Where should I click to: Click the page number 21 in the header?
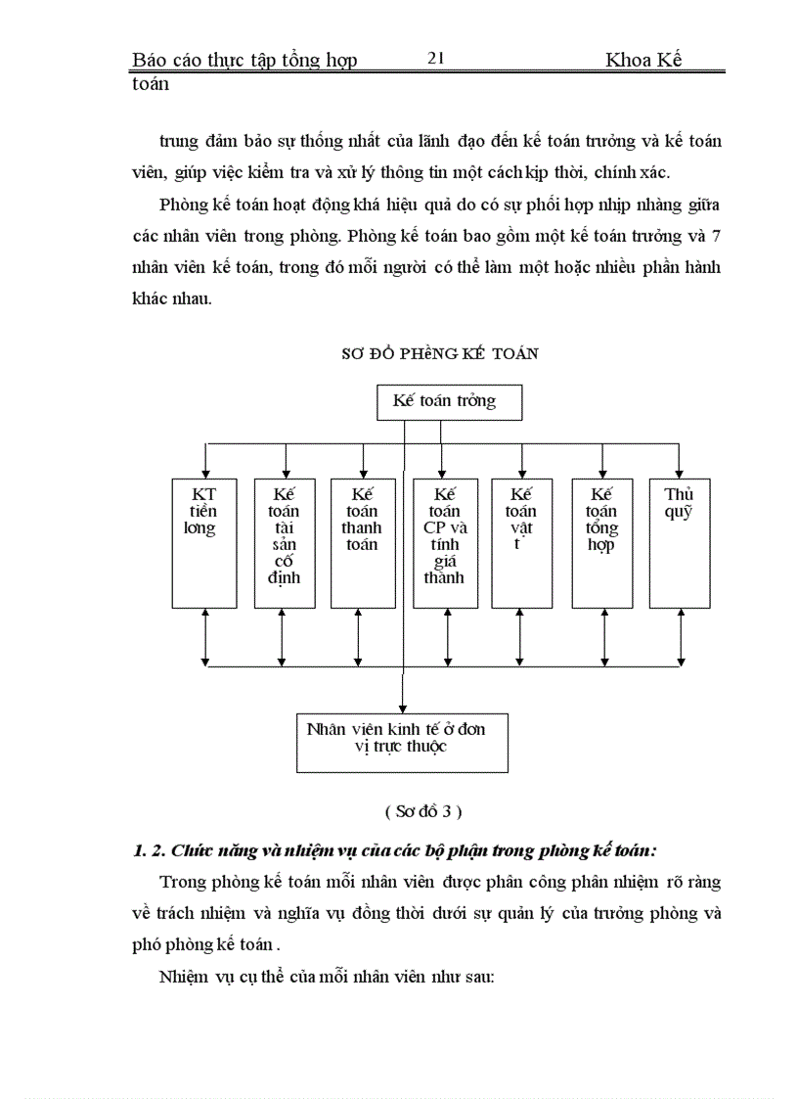(x=436, y=59)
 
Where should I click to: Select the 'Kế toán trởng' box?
(x=450, y=401)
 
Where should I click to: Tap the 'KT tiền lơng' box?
(x=204, y=543)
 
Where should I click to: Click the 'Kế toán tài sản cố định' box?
(x=285, y=543)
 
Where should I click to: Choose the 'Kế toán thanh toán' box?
(x=363, y=543)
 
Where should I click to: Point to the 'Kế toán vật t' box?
(x=521, y=543)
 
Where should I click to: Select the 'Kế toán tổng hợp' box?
(x=601, y=543)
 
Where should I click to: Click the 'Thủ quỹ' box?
(x=679, y=543)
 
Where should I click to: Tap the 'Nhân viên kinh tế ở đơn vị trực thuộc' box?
(x=402, y=743)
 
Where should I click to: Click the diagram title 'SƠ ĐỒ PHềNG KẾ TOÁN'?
(x=440, y=354)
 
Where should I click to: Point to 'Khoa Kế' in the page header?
(x=643, y=60)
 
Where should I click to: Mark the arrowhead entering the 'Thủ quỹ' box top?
(x=679, y=473)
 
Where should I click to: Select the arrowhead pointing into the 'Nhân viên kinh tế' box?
(x=402, y=708)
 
